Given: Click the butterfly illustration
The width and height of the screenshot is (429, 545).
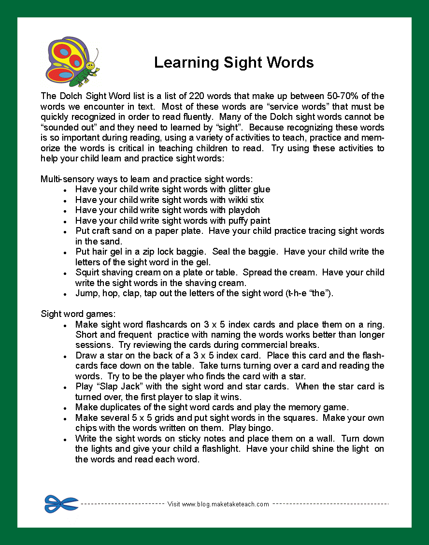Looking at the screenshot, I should click(x=72, y=60).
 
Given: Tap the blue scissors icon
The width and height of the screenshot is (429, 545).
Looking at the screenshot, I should click(x=61, y=504).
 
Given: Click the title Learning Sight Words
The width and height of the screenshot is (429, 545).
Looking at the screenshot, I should click(x=234, y=62).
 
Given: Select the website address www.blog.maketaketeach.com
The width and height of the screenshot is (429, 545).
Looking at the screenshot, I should click(x=225, y=504).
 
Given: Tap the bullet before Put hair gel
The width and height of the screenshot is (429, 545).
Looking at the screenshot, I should click(x=65, y=253).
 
